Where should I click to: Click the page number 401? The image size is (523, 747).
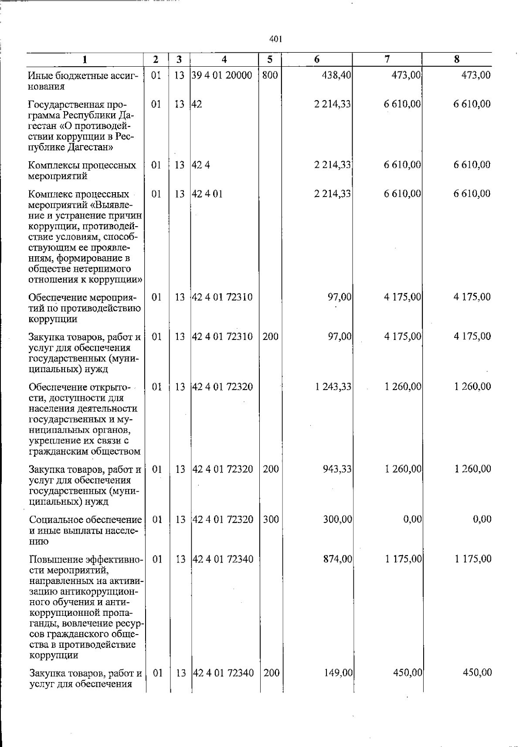[x=276, y=40]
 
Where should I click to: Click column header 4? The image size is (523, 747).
[x=224, y=60]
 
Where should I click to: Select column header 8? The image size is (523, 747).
[x=456, y=60]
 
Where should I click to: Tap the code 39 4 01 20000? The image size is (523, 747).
[x=222, y=75]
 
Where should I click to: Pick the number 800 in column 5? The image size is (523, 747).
[x=270, y=75]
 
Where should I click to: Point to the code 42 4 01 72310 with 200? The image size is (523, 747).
[x=222, y=336]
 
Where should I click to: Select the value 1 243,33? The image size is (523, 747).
[x=333, y=387]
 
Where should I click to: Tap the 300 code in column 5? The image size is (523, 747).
[x=271, y=520]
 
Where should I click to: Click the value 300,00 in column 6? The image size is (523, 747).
[x=336, y=520]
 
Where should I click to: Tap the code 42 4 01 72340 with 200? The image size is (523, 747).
[x=223, y=673]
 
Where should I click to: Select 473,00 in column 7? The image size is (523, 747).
[x=406, y=75]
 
